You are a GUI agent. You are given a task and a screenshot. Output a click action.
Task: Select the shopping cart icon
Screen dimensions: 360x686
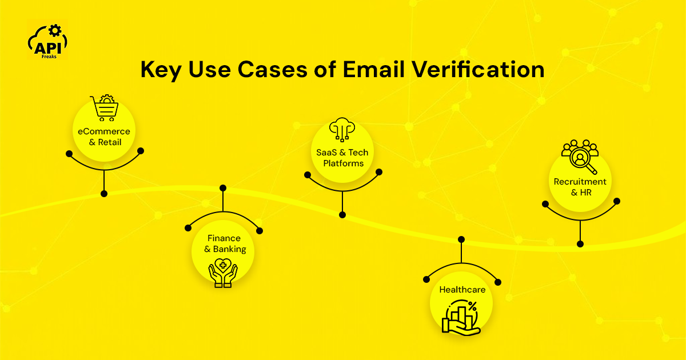105,107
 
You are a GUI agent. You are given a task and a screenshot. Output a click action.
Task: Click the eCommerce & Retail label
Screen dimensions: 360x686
105,137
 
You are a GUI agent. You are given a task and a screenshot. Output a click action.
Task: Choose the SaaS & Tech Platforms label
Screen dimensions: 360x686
342,158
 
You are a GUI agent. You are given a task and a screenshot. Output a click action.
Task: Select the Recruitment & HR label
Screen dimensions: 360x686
580,187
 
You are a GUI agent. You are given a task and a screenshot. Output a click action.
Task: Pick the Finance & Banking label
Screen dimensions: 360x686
224,243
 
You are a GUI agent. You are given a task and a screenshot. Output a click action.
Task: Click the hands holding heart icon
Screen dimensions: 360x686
223,272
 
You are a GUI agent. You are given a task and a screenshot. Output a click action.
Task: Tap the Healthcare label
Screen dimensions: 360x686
462,290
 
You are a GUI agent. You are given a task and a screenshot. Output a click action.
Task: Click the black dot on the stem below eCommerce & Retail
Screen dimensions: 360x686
104,194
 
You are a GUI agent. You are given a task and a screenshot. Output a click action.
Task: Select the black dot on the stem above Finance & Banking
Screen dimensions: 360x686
223,188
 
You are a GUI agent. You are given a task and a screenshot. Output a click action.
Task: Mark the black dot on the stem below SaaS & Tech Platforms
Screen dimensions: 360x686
342,215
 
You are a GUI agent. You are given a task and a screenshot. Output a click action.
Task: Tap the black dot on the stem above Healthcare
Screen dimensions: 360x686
461,239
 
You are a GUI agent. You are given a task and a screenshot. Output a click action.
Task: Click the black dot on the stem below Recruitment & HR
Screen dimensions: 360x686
580,243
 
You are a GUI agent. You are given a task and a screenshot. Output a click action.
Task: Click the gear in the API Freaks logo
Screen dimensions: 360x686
55,30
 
